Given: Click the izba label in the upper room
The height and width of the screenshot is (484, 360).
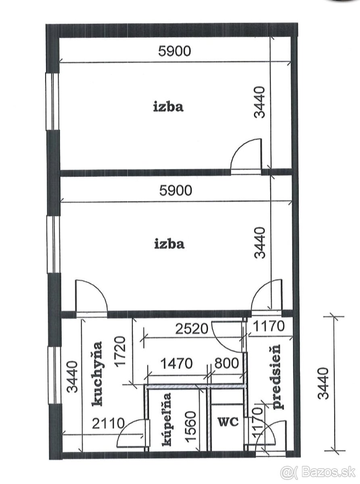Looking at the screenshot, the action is [168, 107].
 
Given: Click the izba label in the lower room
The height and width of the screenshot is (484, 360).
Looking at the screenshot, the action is [170, 244].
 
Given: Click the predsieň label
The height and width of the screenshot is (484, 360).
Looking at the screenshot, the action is [276, 377].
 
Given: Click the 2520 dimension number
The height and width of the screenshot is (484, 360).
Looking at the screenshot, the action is [192, 329].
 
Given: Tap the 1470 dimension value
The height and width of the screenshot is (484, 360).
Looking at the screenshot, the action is [177, 363].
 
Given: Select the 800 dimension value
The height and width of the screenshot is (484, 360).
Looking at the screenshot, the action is [227, 363].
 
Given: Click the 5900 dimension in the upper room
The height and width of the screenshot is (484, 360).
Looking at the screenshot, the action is [175, 51].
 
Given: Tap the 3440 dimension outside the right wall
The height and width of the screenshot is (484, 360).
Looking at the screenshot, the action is [323, 384].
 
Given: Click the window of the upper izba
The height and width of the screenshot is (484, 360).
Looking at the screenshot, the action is [52, 101].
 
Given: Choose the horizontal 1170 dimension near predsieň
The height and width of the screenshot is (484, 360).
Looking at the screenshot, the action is [268, 326].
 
